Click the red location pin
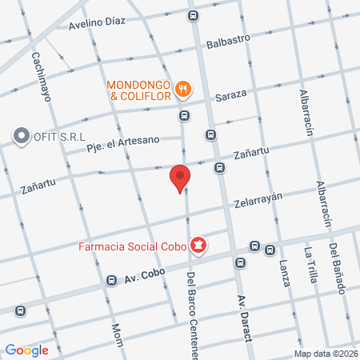pyautogui.click(x=181, y=178)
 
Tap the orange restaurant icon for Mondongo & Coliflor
pyautogui.click(x=183, y=90)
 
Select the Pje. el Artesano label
pyautogui.click(x=123, y=142)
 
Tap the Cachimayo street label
pyautogui.click(x=40, y=77)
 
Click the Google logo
pyautogui.click(x=26, y=350)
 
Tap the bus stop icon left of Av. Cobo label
pyautogui.click(x=110, y=280)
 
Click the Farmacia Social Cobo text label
pyautogui.click(x=131, y=246)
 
